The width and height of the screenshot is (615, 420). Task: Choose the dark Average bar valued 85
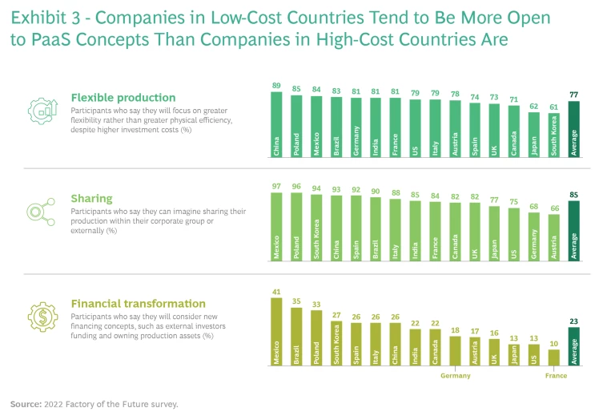click(x=574, y=232)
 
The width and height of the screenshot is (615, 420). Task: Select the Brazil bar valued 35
click(x=296, y=337)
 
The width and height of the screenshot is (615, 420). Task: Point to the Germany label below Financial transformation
click(x=456, y=375)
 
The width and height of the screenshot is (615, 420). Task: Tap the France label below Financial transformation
click(x=556, y=375)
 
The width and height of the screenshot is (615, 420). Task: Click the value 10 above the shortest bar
click(x=554, y=344)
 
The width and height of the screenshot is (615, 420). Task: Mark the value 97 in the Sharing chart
click(x=276, y=187)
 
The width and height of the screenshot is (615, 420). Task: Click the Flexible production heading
click(x=123, y=98)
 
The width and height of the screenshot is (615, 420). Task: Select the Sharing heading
click(x=92, y=198)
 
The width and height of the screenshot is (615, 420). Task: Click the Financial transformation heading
click(x=139, y=304)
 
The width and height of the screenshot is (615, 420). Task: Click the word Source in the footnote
click(x=26, y=404)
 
